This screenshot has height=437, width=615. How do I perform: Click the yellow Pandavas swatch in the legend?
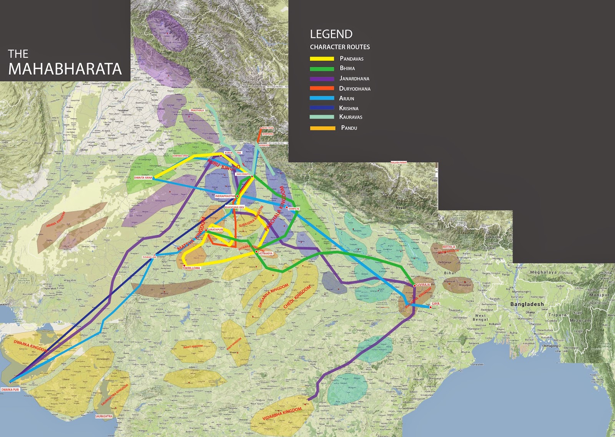(x=322, y=59)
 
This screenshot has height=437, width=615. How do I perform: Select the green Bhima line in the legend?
(x=322, y=69)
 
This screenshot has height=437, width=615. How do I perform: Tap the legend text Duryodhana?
(x=354, y=88)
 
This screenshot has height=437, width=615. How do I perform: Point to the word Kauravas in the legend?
(x=351, y=117)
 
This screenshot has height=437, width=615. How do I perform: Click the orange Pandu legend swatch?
(x=322, y=128)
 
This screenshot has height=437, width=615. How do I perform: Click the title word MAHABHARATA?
(x=65, y=69)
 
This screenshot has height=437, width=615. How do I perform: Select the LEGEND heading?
(x=331, y=34)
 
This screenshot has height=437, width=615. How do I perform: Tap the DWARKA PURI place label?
(x=10, y=390)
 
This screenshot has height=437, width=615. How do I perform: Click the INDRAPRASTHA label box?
(x=225, y=196)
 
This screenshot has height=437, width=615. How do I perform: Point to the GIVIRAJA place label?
(x=423, y=285)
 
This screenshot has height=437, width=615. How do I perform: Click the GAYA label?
(x=435, y=304)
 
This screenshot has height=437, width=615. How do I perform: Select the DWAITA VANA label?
(x=143, y=178)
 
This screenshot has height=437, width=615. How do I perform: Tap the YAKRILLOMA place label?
(x=191, y=268)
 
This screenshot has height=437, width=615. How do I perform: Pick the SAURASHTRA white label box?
(x=104, y=416)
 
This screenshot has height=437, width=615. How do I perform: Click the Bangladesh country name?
(x=527, y=304)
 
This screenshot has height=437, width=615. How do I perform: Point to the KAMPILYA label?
(x=294, y=208)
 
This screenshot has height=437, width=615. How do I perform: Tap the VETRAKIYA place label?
(x=266, y=254)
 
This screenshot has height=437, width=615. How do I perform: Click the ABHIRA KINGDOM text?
(x=56, y=219)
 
